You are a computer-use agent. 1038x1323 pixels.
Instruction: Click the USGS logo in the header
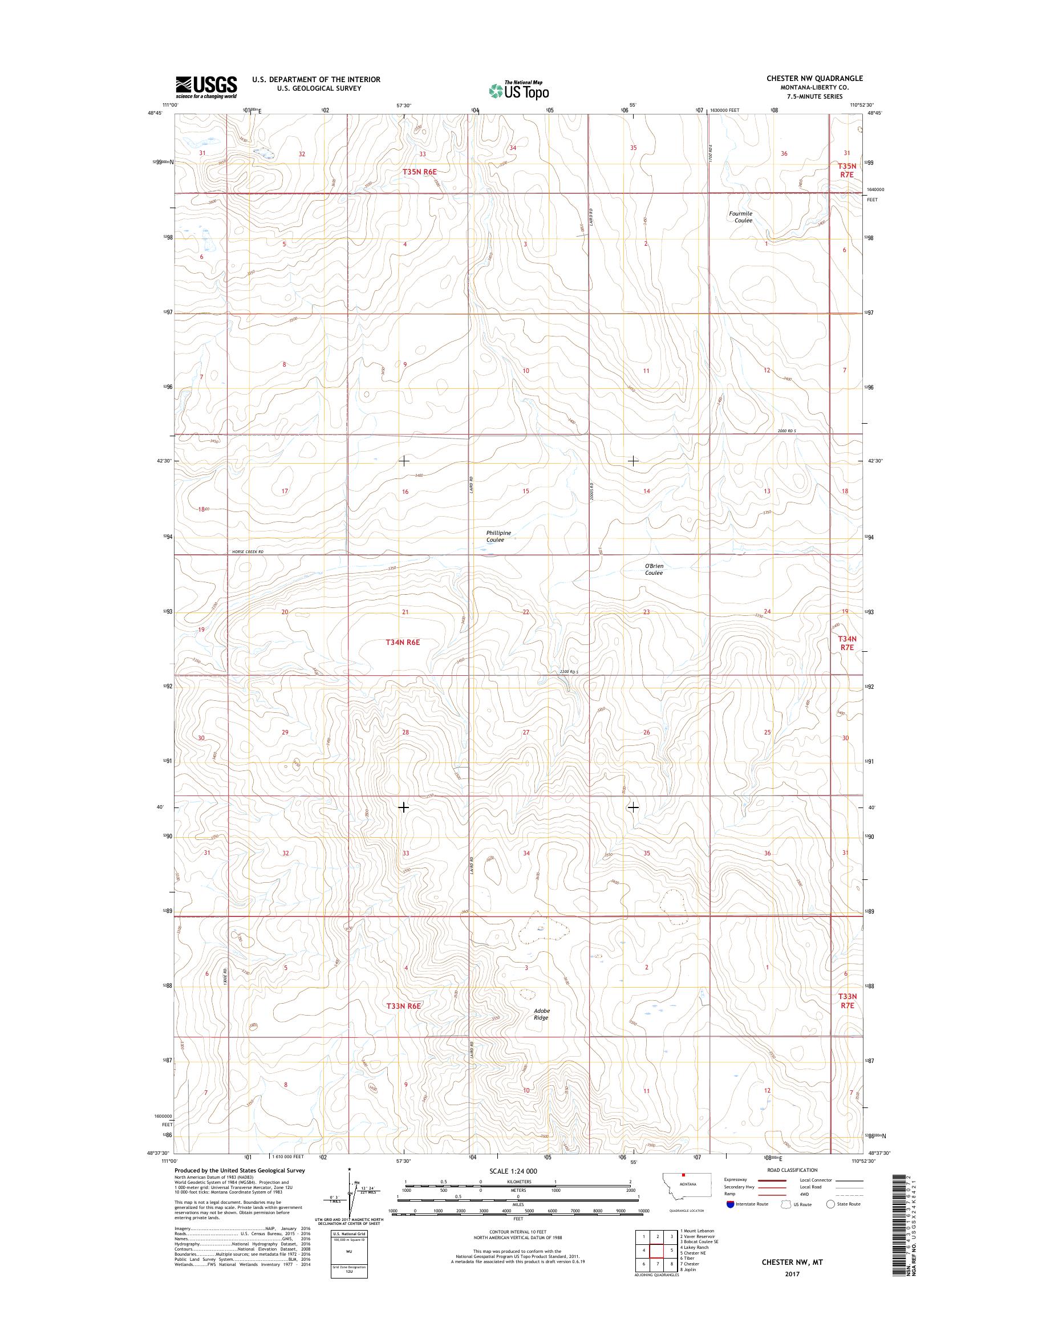point(206,87)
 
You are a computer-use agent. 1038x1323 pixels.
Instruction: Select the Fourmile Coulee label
point(741,217)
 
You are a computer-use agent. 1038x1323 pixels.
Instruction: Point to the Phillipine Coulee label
point(498,536)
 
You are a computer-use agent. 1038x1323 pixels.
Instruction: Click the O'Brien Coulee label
point(654,569)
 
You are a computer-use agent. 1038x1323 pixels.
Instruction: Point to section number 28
point(406,732)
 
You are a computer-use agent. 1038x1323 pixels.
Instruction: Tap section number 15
point(526,491)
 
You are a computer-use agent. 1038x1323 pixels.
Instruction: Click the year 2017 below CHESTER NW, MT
point(792,1274)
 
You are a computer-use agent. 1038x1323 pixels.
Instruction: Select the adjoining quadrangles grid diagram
point(655,1251)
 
